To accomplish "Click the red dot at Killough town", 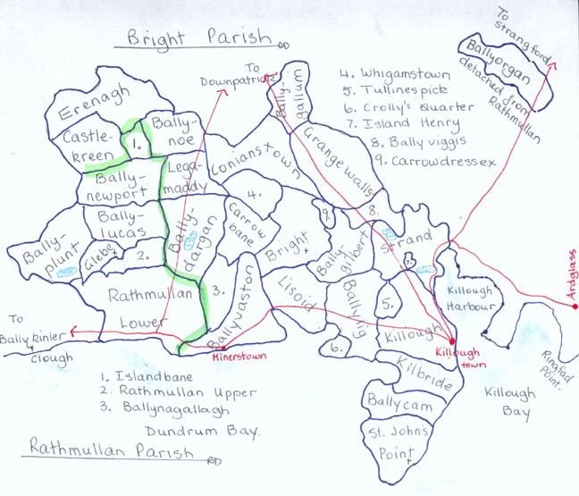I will click(x=451, y=343).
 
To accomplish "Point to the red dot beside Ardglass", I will click(x=575, y=307).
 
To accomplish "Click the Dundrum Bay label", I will click(x=209, y=431).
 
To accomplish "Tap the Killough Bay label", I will click(x=507, y=403).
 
